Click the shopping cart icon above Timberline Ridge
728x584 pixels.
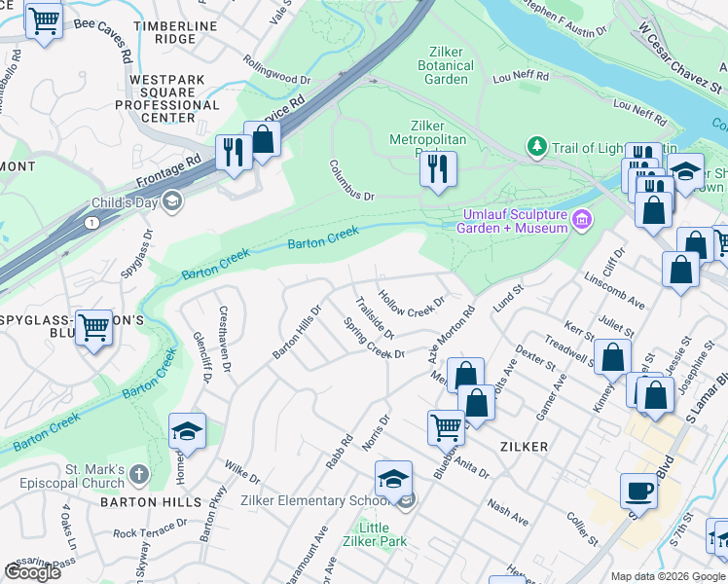(44, 19)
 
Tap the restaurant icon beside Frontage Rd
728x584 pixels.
(233, 152)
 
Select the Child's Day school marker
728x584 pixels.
(172, 201)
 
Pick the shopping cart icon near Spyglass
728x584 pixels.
(93, 327)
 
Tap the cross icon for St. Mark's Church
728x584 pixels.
(138, 474)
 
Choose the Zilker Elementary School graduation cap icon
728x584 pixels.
(393, 479)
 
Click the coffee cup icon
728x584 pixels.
(638, 491)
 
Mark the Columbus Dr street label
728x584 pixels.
(351, 181)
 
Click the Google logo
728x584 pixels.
(32, 571)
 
